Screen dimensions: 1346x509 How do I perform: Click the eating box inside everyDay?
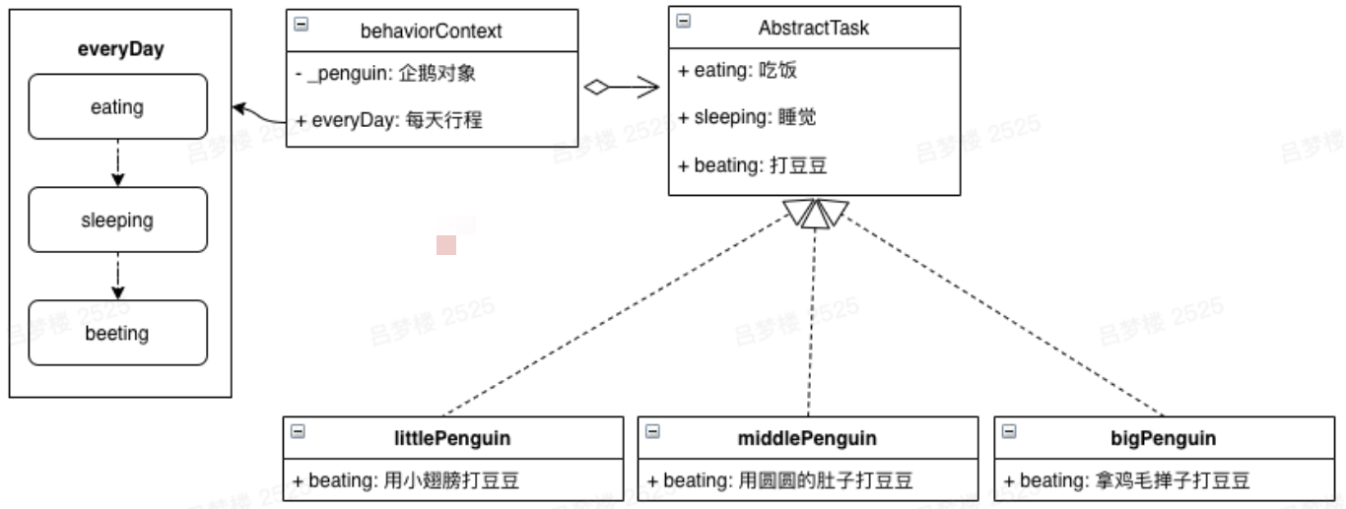click(118, 107)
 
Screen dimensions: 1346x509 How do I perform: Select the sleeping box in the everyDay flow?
click(118, 220)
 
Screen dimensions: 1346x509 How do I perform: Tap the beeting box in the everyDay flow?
click(118, 333)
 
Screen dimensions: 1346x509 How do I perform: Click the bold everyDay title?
click(121, 49)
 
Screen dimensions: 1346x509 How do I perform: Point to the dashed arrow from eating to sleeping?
click(118, 162)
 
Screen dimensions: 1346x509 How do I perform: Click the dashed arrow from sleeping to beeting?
click(118, 276)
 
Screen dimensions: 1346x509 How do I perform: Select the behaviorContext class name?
click(431, 31)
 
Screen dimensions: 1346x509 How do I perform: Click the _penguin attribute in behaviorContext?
click(385, 73)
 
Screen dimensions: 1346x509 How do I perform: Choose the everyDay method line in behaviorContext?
click(389, 120)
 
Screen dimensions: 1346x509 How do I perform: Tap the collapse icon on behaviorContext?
click(302, 24)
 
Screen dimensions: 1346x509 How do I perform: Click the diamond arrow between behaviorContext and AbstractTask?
click(622, 87)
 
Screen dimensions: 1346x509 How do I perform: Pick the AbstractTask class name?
click(814, 28)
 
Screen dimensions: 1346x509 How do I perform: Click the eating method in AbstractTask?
click(737, 70)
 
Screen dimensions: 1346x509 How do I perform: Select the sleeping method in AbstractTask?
click(747, 117)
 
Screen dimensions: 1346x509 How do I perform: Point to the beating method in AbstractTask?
click(752, 165)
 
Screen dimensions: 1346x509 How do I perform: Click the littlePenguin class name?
click(452, 438)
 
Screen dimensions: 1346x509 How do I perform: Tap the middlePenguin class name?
click(807, 438)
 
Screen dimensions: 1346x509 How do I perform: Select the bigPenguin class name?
click(1164, 438)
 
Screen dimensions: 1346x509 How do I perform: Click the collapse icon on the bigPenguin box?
click(1009, 431)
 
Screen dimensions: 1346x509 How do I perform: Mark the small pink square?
click(446, 245)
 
